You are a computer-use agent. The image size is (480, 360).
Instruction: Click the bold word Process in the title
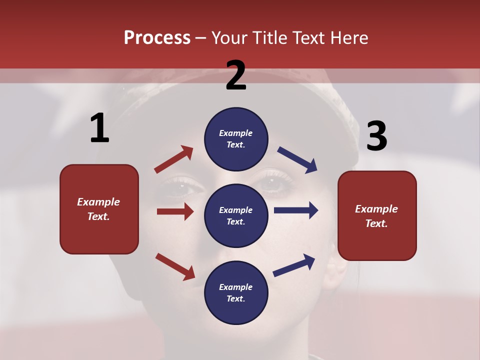tap(157, 37)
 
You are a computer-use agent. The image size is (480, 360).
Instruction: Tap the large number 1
tap(99, 128)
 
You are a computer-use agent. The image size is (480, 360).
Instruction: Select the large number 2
tap(236, 75)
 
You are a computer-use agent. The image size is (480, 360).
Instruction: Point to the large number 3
tap(376, 136)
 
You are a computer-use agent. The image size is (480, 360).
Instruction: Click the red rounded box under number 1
tap(99, 209)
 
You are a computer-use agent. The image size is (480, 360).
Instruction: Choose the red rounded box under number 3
tap(377, 215)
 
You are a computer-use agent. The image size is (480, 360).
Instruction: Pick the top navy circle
tap(236, 139)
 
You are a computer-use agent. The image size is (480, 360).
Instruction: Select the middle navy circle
tap(236, 215)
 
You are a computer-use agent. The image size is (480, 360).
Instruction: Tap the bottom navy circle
tap(236, 292)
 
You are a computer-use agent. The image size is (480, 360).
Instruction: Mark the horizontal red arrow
tap(175, 211)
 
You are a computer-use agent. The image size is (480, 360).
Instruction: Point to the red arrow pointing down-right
tap(175, 266)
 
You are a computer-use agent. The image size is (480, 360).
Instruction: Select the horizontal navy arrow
tap(296, 210)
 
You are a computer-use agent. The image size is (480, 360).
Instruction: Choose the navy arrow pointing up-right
tap(294, 265)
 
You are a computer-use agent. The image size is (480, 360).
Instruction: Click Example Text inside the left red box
tap(98, 209)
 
